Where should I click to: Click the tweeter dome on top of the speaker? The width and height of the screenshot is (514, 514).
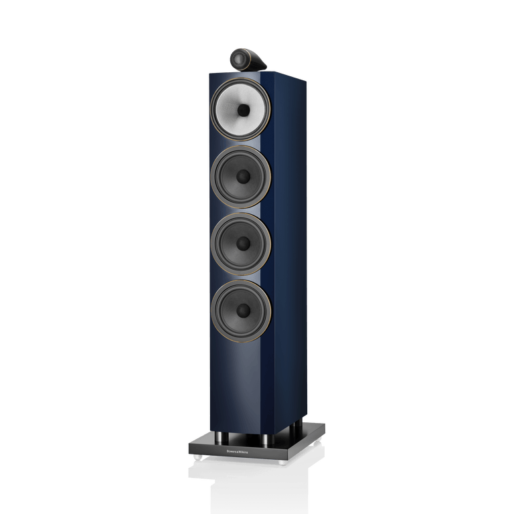pos(238,58)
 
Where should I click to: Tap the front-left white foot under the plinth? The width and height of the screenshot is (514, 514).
pos(199,460)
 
